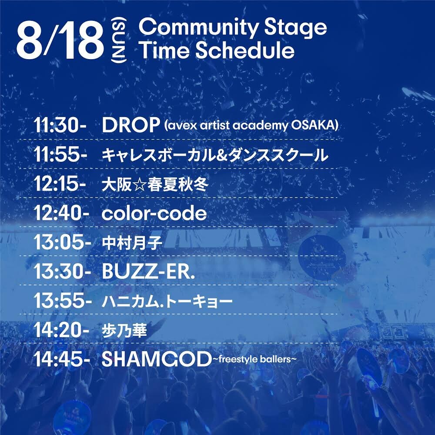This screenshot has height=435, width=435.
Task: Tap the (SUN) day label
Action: click(119, 40)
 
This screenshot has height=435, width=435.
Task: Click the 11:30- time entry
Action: click(60, 126)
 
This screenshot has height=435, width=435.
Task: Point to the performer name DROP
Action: click(130, 125)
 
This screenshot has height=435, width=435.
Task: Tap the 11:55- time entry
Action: click(60, 155)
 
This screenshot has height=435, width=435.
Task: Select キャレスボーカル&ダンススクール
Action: click(215, 155)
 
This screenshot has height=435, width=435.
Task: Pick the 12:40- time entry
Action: click(61, 213)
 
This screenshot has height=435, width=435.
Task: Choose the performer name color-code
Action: click(154, 213)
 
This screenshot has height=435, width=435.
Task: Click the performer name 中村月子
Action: click(132, 243)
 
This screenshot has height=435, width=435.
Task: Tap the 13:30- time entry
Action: click(62, 271)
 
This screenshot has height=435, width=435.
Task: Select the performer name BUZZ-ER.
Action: click(148, 271)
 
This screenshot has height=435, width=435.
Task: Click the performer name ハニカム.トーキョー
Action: click(167, 301)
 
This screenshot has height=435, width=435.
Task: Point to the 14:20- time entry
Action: click(61, 330)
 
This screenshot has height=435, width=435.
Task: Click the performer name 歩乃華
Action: click(124, 331)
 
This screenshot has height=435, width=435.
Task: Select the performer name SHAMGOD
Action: click(157, 359)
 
